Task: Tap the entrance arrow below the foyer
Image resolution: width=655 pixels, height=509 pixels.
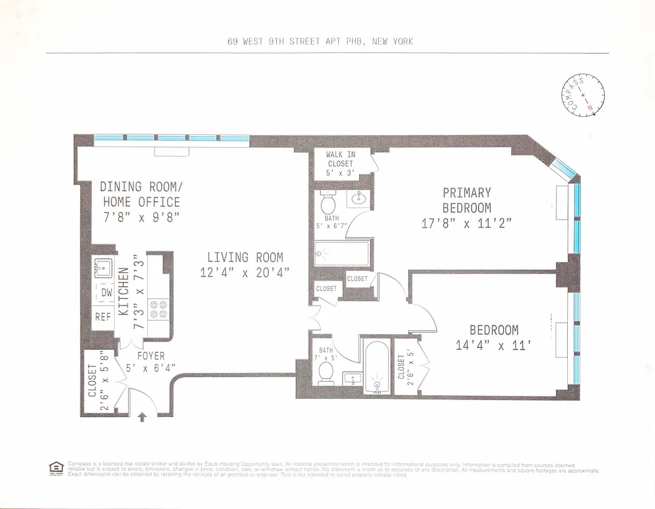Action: tap(142, 417)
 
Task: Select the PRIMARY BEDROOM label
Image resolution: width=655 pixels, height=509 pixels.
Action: tap(467, 200)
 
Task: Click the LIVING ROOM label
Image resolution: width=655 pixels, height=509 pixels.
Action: tap(245, 257)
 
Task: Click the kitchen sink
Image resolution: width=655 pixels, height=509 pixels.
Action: tap(103, 266)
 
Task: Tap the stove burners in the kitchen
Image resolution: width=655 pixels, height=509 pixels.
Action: tap(158, 309)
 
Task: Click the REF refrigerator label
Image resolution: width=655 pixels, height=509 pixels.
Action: tap(103, 316)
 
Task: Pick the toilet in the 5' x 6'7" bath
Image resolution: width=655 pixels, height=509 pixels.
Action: tap(328, 202)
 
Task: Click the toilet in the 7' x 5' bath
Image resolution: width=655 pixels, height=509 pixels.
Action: tap(326, 372)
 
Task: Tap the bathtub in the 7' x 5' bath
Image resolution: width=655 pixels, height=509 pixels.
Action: tap(376, 368)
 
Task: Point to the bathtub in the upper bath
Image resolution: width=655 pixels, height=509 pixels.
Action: tap(342, 253)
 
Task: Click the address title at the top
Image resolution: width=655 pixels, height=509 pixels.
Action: tap(320, 41)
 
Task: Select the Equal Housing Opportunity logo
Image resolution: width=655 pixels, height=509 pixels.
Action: tap(56, 468)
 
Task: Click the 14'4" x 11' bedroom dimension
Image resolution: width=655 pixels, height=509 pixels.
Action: tap(494, 345)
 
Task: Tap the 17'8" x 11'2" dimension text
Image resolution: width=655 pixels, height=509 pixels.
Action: tap(467, 223)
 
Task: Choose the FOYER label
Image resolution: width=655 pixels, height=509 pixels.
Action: tap(150, 356)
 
